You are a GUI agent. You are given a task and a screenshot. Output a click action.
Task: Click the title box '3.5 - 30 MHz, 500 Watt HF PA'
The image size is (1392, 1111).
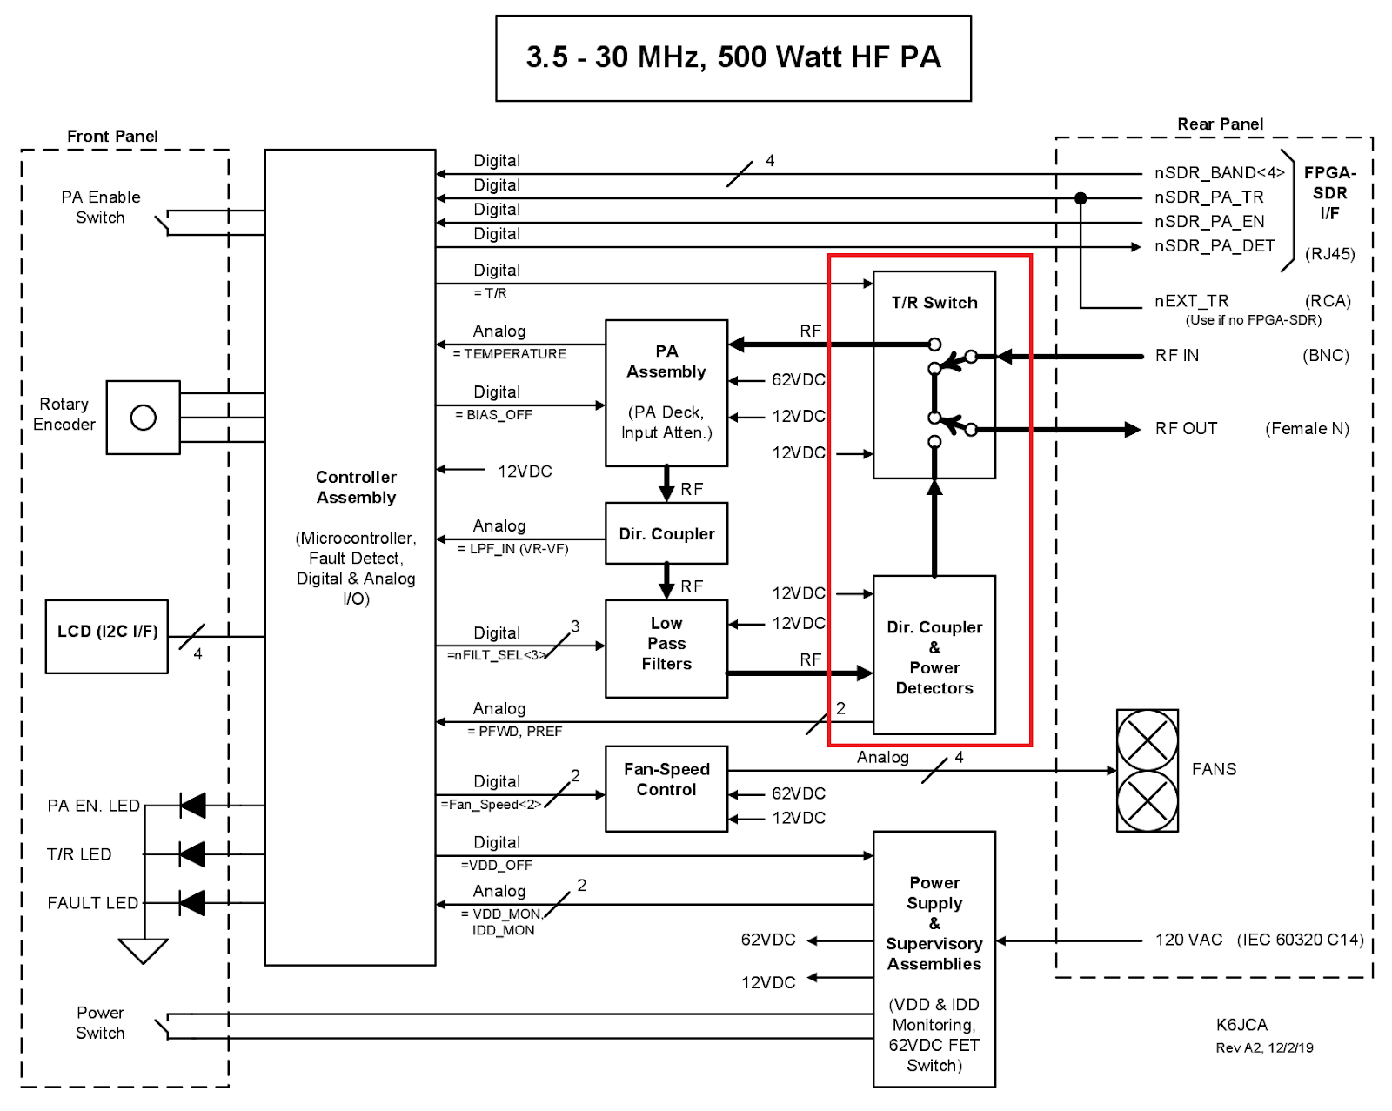click(733, 57)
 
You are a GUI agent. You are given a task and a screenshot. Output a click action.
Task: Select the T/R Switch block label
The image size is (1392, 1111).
click(934, 303)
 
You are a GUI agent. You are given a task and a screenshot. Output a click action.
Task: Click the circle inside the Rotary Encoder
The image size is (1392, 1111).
click(144, 418)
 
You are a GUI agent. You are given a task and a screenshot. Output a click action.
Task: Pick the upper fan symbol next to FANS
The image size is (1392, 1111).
click(1148, 740)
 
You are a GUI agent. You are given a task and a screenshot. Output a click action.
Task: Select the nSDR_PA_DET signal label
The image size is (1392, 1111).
click(1215, 246)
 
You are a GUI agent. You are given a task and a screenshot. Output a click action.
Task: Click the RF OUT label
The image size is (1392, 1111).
click(1186, 429)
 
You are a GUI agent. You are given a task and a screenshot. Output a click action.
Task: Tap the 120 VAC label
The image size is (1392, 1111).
click(1188, 940)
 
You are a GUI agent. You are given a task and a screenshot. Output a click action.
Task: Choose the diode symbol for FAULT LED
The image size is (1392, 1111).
click(192, 903)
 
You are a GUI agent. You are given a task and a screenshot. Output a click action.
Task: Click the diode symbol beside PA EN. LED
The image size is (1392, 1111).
click(192, 806)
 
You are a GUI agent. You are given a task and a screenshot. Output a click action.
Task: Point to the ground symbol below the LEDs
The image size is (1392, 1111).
click(143, 951)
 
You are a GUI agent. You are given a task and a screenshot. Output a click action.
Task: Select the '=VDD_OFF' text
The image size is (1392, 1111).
click(496, 866)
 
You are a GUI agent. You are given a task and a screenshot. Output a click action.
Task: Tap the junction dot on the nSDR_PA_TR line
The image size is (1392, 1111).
click(1081, 198)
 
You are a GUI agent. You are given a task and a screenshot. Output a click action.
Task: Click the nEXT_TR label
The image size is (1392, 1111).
click(1191, 301)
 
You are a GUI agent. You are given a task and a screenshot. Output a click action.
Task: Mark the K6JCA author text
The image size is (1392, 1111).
click(1241, 1025)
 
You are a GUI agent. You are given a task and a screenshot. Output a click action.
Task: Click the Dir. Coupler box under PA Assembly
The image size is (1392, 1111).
click(666, 533)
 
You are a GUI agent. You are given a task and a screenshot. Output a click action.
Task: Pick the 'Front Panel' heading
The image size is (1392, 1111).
click(112, 137)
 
